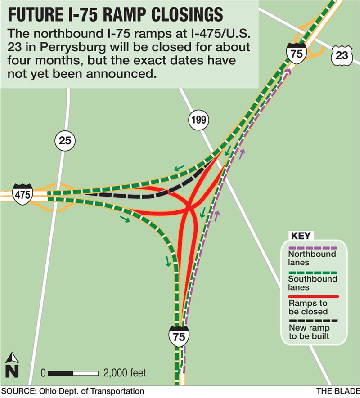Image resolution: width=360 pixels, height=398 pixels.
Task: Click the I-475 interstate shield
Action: coord(22,194)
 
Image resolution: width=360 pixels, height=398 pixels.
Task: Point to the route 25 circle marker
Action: coord(65,141)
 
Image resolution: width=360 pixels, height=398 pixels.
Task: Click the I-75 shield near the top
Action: coord(296,53)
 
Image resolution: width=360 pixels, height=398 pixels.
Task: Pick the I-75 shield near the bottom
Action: coord(179,336)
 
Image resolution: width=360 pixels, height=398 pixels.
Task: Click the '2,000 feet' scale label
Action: coord(125,373)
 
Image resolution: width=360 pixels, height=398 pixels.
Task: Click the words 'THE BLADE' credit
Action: coord(336,391)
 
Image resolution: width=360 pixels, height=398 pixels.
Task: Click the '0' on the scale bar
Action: coord(43,373)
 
